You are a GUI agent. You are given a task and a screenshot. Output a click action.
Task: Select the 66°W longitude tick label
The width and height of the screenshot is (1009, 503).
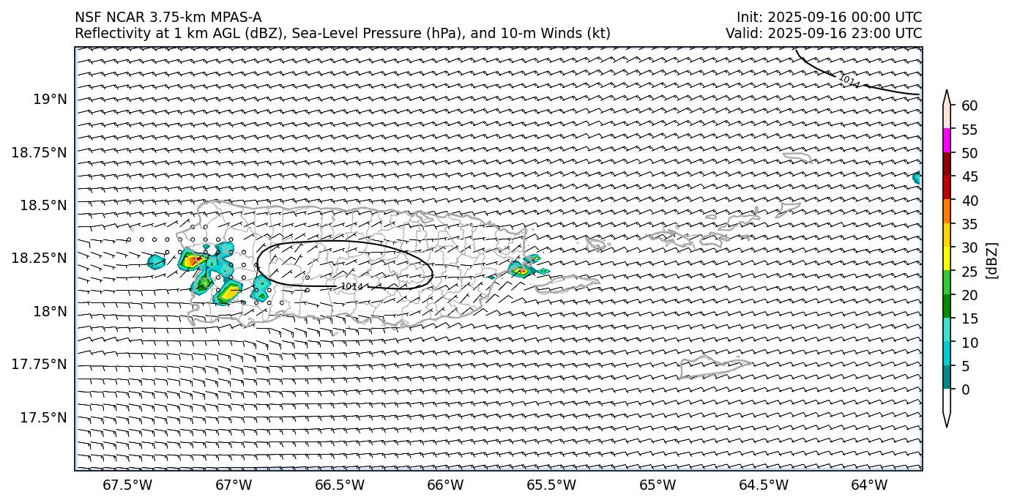pyautogui.click(x=445, y=485)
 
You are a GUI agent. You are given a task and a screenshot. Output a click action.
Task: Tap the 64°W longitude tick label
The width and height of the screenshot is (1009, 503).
pyautogui.click(x=869, y=485)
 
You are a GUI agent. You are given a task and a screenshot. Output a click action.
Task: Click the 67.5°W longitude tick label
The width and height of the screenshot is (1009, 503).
pyautogui.click(x=127, y=485)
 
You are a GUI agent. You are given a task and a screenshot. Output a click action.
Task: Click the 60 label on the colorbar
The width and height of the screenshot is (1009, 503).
pyautogui.click(x=969, y=105)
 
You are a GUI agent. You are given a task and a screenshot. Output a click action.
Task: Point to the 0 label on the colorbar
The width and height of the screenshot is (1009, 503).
pyautogui.click(x=966, y=390)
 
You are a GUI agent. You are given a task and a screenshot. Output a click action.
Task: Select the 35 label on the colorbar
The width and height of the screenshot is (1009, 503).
pyautogui.click(x=969, y=224)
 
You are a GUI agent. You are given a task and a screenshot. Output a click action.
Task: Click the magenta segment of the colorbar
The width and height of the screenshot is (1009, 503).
pyautogui.click(x=947, y=140)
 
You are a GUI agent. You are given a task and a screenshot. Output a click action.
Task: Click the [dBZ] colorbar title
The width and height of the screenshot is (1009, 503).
pyautogui.click(x=993, y=259)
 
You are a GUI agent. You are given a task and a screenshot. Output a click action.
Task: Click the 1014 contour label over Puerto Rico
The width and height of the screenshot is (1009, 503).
pyautogui.click(x=351, y=286)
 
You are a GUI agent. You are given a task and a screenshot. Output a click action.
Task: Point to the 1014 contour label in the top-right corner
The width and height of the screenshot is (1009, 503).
pyautogui.click(x=849, y=81)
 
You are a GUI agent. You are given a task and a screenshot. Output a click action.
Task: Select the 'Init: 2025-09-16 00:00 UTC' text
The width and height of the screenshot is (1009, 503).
pyautogui.click(x=829, y=18)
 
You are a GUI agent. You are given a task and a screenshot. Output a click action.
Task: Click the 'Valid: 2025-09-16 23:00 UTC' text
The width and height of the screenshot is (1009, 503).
pyautogui.click(x=824, y=33)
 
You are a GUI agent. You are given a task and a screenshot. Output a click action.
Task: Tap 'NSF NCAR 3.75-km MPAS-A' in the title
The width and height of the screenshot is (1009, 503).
pyautogui.click(x=168, y=18)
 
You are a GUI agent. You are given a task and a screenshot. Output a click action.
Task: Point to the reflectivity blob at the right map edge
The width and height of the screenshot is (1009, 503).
pyautogui.click(x=917, y=177)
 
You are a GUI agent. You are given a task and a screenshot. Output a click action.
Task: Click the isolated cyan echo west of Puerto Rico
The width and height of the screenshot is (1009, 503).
pyautogui.click(x=156, y=261)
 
